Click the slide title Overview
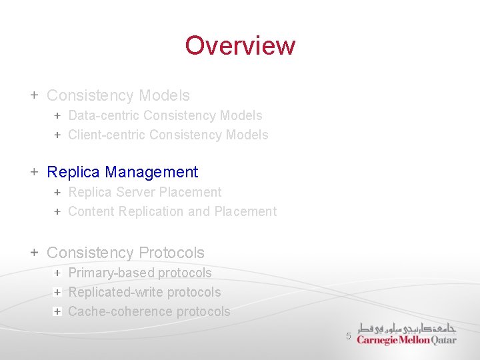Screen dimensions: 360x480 (x=240, y=45)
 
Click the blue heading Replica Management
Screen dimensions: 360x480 (x=122, y=172)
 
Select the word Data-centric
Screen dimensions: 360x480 (x=103, y=115)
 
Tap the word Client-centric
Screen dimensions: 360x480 (x=107, y=135)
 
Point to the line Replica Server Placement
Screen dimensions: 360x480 (x=145, y=192)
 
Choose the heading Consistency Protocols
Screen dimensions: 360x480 (x=125, y=253)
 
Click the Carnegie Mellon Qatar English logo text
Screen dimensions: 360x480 (x=406, y=339)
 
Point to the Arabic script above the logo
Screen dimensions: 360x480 (x=407, y=328)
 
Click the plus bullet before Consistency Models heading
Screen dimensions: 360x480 (x=34, y=95)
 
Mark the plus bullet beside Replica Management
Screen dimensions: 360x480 (x=34, y=172)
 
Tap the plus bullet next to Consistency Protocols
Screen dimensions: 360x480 (x=34, y=253)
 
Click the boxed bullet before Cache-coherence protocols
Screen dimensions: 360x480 (x=57, y=311)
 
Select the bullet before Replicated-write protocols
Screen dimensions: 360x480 (x=57, y=292)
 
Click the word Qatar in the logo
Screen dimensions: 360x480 (x=444, y=339)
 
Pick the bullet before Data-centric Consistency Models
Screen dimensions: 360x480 (x=57, y=115)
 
